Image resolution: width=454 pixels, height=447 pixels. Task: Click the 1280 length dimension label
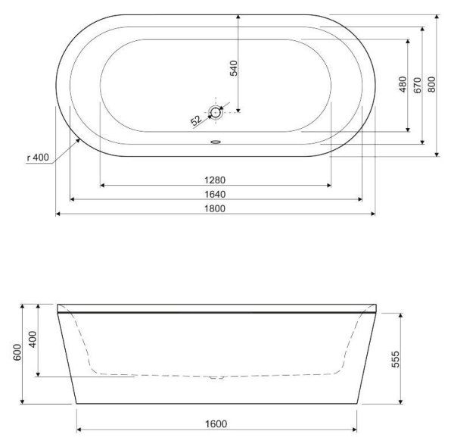[215, 180]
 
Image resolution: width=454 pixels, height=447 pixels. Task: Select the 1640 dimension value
[215, 194]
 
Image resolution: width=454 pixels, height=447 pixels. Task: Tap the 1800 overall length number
[215, 208]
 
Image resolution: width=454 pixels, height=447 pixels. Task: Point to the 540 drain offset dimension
[233, 68]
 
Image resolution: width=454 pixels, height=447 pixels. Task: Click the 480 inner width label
[403, 84]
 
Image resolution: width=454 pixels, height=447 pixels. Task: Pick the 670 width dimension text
[417, 85]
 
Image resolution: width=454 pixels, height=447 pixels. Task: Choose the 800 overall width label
[431, 84]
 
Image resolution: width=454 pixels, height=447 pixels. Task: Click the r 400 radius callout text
[38, 158]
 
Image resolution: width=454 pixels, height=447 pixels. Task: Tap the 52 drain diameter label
[196, 120]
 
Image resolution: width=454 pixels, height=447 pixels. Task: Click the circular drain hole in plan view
[216, 112]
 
